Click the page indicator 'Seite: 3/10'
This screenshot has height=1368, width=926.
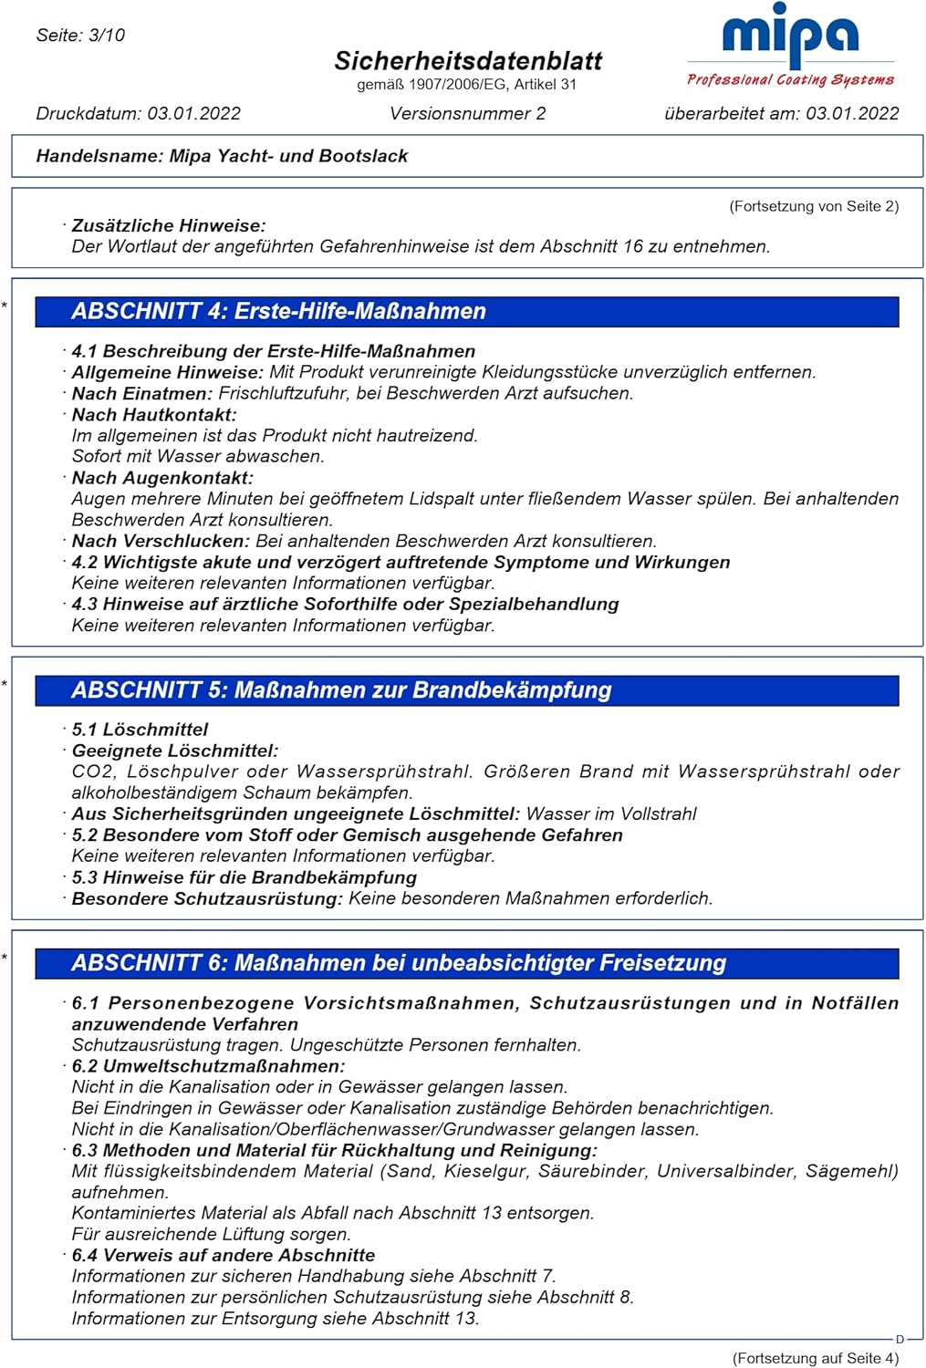[80, 36]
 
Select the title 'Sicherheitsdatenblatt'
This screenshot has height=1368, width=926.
[467, 61]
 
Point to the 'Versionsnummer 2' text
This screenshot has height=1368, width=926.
[467, 114]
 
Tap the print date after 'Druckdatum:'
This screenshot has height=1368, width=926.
[194, 114]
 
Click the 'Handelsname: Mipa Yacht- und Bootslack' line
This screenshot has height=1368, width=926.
[222, 156]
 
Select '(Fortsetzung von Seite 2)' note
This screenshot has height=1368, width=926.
[814, 206]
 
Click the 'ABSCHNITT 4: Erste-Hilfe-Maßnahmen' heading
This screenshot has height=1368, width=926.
[278, 311]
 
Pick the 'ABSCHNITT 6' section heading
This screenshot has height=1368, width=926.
[399, 963]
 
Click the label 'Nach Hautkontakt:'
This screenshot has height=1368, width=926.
[154, 415]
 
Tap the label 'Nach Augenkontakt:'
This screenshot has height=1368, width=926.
[162, 478]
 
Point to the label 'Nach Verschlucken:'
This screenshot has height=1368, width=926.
[161, 541]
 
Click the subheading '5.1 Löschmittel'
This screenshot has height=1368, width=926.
[140, 730]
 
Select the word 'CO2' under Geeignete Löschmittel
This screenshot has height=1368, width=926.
[92, 772]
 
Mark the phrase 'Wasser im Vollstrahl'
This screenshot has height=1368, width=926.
[611, 814]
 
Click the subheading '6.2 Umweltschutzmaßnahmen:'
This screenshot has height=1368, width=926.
[208, 1066]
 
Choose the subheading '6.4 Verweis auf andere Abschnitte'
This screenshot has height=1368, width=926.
[224, 1255]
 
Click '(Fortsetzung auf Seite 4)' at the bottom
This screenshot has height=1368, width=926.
[815, 1358]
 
